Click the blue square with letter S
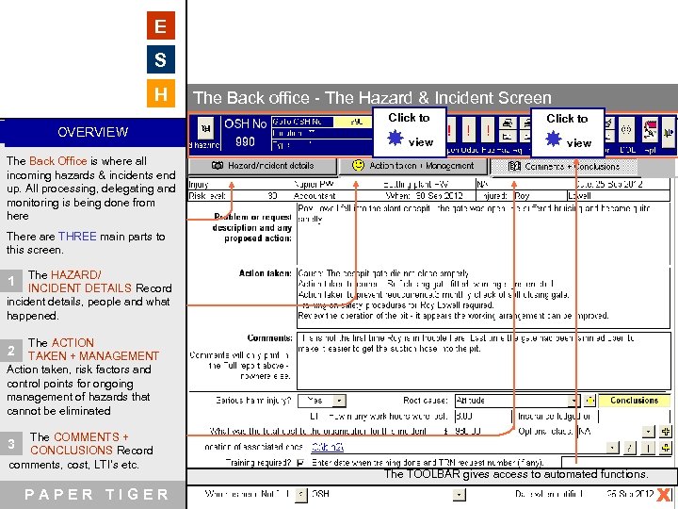tap(161, 61)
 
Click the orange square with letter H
tap(161, 94)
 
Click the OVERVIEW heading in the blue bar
tap(92, 132)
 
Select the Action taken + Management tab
tap(412, 166)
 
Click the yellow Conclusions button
tap(634, 400)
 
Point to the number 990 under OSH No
tap(245, 142)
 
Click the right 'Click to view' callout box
tap(567, 131)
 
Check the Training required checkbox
tap(300, 463)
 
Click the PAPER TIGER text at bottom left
tap(97, 495)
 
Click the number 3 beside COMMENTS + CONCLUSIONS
tap(11, 443)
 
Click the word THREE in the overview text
tap(77, 237)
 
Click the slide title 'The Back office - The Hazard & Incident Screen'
tap(372, 98)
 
